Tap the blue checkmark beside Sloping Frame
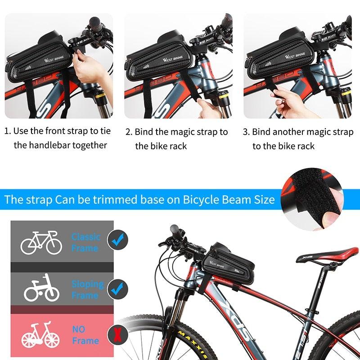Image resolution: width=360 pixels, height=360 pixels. (x=117, y=288)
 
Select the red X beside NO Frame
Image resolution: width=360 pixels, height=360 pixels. (x=118, y=335)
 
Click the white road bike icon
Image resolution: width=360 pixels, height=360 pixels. (x=41, y=243)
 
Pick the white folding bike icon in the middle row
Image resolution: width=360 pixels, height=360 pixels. (x=41, y=288)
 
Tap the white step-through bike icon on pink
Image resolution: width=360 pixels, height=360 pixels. (x=40, y=335)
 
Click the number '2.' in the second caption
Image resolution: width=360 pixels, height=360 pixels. (x=129, y=132)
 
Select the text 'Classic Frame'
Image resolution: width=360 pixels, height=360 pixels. (x=85, y=242)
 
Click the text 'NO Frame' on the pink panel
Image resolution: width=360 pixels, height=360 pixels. (x=85, y=335)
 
